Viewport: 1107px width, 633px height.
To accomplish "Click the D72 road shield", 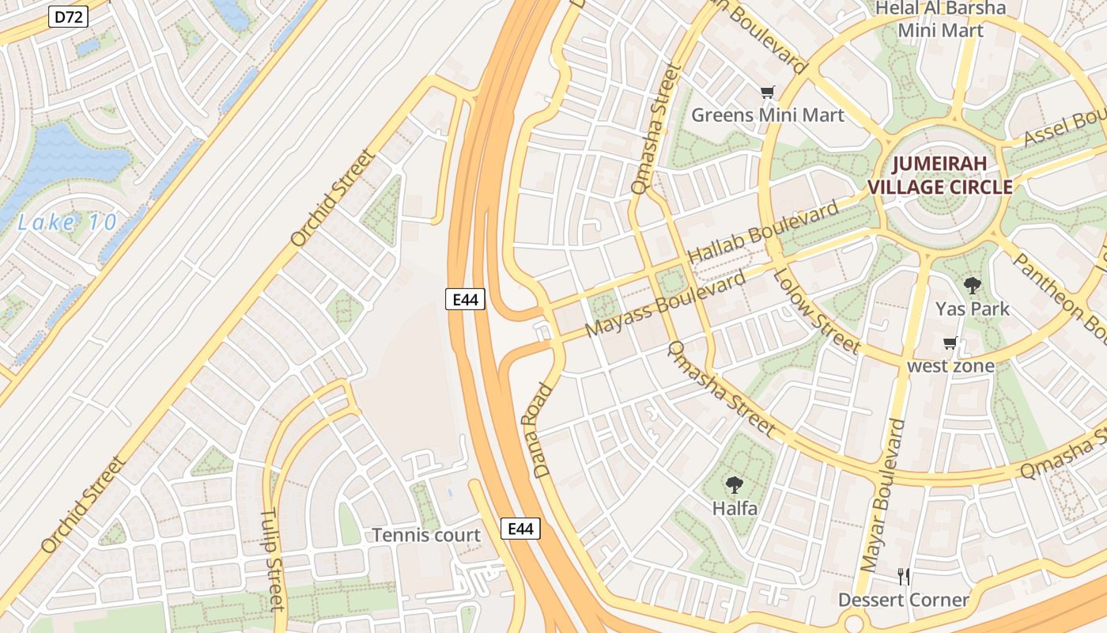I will (68, 17).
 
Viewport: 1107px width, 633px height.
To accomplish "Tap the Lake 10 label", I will (67, 222).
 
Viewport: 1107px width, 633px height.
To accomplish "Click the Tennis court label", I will (426, 536).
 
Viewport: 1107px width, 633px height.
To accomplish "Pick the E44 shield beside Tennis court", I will (520, 529).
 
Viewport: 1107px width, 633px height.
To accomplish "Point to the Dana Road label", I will (542, 431).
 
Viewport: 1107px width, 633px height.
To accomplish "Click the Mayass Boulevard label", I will (665, 305).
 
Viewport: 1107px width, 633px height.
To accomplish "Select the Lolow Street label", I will (815, 310).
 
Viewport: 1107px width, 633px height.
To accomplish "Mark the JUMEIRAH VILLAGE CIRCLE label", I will (940, 176).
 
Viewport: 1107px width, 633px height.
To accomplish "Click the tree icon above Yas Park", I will (972, 286).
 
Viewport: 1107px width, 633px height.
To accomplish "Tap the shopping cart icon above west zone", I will (950, 343).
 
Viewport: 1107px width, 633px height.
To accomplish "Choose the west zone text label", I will (950, 366).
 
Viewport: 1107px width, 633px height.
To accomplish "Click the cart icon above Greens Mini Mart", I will (767, 93).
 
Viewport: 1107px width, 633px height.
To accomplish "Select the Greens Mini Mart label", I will (768, 116).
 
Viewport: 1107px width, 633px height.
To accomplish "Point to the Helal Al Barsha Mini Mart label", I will (941, 20).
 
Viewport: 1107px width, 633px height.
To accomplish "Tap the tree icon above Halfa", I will (735, 485).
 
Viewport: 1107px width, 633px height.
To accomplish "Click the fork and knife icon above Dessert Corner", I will (904, 577).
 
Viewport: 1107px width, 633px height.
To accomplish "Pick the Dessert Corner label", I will (904, 600).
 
